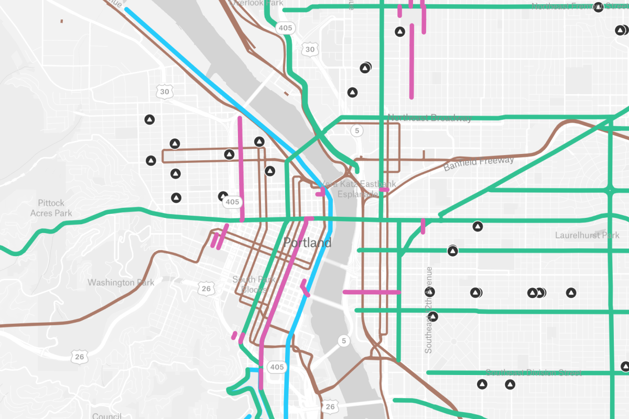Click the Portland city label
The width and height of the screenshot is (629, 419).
pyautogui.click(x=307, y=243)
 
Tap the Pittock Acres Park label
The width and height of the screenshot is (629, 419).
pyautogui.click(x=51, y=208)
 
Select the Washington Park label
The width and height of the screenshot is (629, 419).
pyautogui.click(x=121, y=283)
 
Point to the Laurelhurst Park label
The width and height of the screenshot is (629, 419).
pyautogui.click(x=587, y=236)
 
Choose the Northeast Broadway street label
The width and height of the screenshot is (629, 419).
pyautogui.click(x=429, y=118)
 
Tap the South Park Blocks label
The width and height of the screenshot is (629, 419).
pyautogui.click(x=254, y=284)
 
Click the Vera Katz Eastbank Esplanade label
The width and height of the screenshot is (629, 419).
pyautogui.click(x=358, y=189)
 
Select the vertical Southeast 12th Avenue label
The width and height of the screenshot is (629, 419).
pyautogui.click(x=429, y=309)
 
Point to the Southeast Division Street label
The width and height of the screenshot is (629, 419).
pyautogui.click(x=533, y=373)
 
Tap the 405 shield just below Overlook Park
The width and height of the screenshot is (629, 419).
pyautogui.click(x=286, y=28)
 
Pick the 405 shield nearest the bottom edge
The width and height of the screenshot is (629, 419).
pyautogui.click(x=277, y=367)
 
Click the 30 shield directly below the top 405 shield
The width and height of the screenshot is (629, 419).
pyautogui.click(x=310, y=50)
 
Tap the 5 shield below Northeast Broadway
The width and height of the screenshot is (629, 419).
pyautogui.click(x=357, y=130)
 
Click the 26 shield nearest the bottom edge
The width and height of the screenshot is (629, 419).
pyautogui.click(x=329, y=406)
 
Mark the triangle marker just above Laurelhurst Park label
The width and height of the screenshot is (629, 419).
pyautogui.click(x=477, y=226)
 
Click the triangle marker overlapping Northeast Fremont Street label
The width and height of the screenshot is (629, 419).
pyautogui.click(x=598, y=7)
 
